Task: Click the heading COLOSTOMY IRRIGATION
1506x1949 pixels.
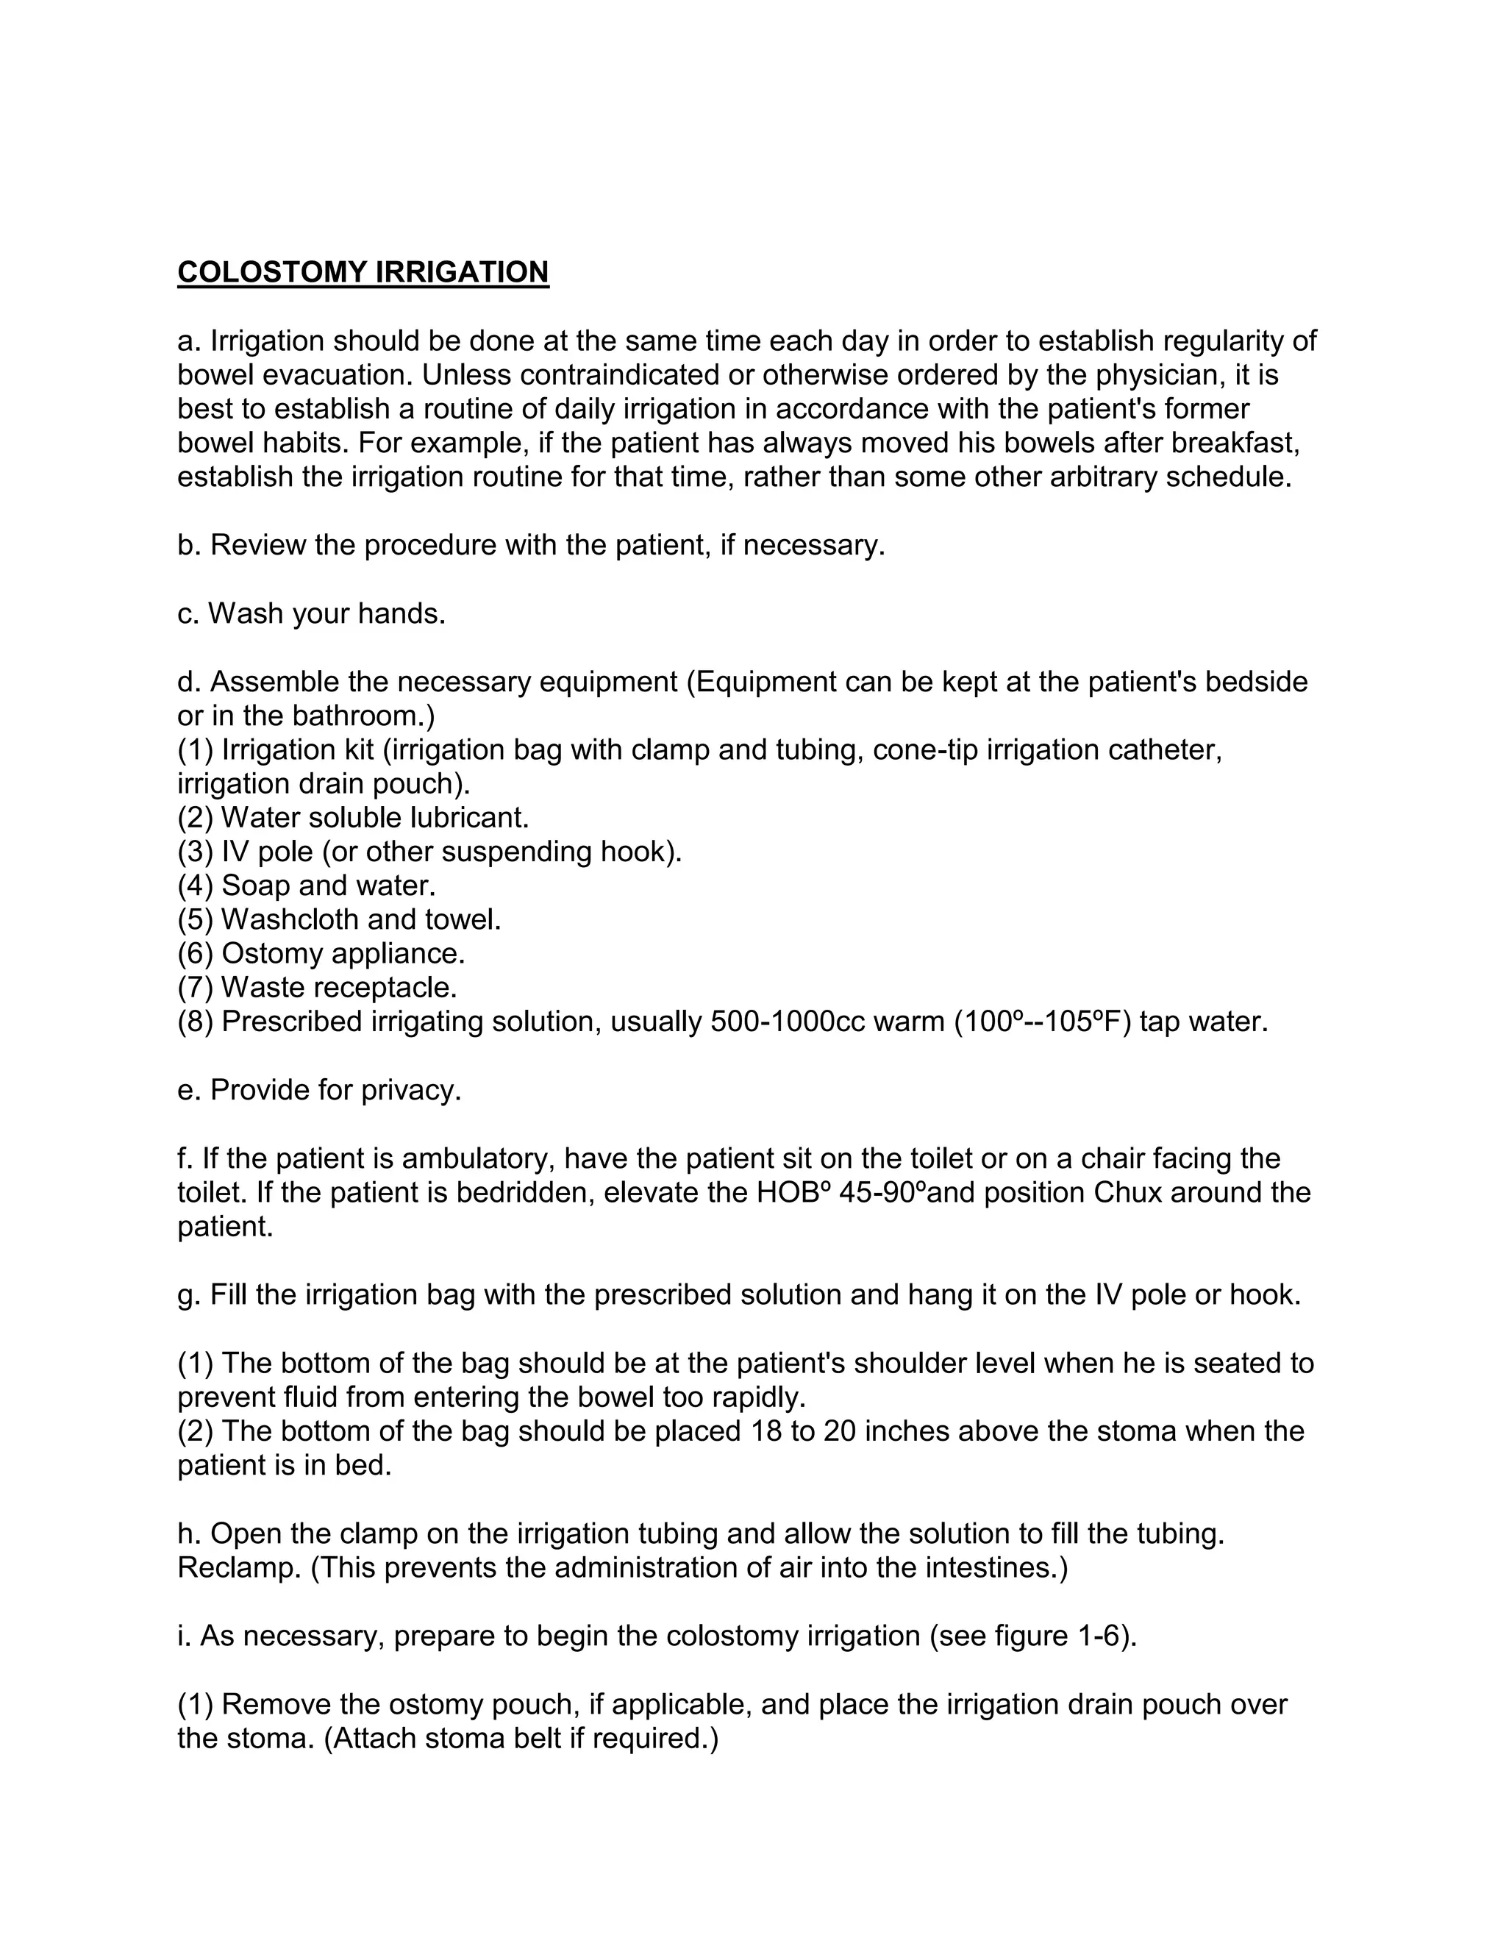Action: coord(363,272)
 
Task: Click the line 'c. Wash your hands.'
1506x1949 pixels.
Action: coord(311,613)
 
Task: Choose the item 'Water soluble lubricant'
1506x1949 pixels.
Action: coord(375,817)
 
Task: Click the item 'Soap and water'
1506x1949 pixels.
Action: coord(327,886)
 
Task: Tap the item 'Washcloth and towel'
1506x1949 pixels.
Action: coord(360,919)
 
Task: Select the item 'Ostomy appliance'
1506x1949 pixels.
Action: coord(343,953)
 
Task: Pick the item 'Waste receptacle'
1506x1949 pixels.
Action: coord(338,987)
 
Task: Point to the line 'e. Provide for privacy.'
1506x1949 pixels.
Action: coord(319,1090)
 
